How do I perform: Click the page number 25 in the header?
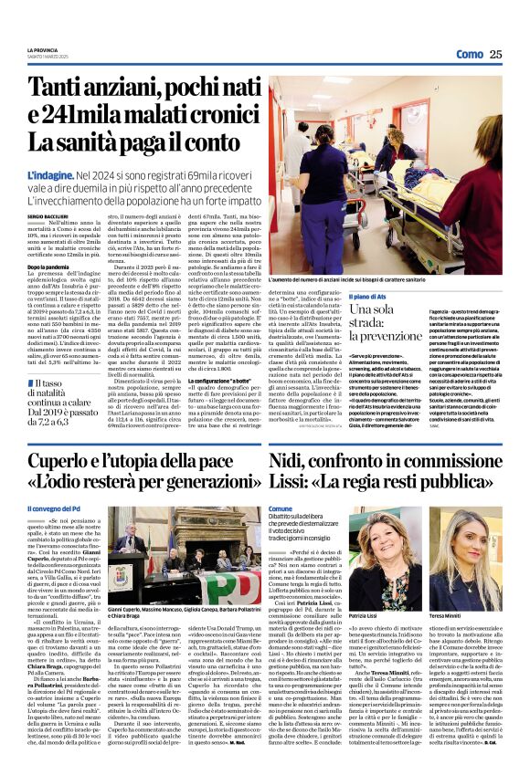pos(495,54)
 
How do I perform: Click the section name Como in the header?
pos(467,54)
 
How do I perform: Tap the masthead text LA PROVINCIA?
pos(42,49)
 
